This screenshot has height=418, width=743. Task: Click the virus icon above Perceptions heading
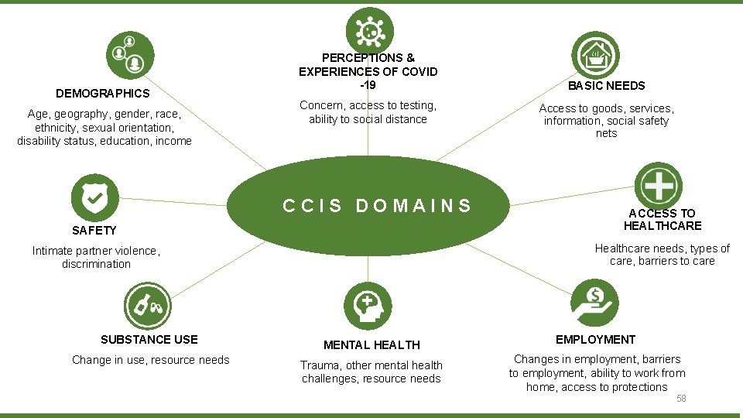coord(370,31)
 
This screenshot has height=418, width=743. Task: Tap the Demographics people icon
coord(130,55)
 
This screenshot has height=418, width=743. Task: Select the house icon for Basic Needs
coord(596,55)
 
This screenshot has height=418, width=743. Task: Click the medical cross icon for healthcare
coord(659,186)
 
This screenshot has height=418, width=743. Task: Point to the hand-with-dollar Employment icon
coord(594,303)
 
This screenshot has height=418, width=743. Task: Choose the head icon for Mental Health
coord(368,307)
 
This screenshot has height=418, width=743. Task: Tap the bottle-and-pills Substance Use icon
coord(148,307)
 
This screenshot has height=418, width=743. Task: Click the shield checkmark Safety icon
coord(94,197)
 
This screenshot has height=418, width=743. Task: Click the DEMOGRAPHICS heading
coord(103,94)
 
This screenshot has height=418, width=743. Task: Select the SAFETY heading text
coord(94,231)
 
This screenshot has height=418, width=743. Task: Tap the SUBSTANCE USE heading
coord(149,339)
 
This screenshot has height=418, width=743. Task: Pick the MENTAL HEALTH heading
coord(372,345)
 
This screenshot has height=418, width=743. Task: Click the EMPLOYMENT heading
coord(596,339)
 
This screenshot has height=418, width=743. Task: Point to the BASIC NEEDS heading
coord(607,86)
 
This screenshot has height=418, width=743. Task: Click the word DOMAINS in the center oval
coord(413,206)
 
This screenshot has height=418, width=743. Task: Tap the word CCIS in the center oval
coord(312,206)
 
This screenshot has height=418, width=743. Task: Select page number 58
coord(681,399)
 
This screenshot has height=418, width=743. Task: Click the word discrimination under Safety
coord(96,264)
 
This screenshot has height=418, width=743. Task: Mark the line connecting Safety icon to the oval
coord(173,202)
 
